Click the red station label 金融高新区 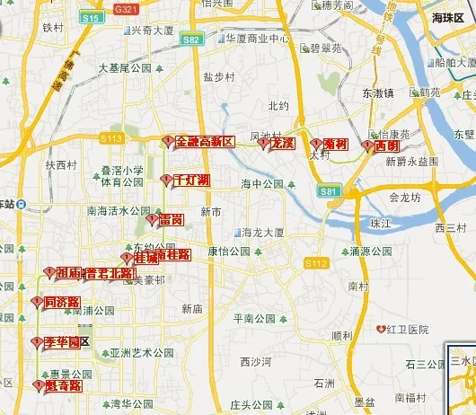coord(205,142)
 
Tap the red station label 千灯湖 coord(191,181)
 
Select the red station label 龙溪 coord(282,143)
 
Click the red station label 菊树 coord(335,144)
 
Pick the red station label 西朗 coord(386,146)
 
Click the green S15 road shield coord(91,17)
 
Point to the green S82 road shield coord(191,40)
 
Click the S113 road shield coord(111,137)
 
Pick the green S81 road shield coord(330,191)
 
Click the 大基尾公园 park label coord(126,67)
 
